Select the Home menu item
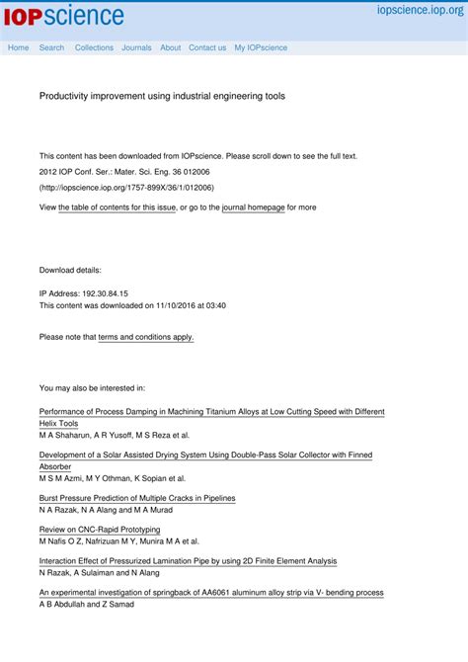(18, 47)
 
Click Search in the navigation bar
(51, 47)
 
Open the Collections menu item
(94, 47)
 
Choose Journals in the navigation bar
(136, 47)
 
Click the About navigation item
(170, 47)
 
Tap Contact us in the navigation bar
(207, 47)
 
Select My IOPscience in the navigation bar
(261, 47)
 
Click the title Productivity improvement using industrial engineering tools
(162, 97)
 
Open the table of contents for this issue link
(117, 207)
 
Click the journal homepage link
(253, 207)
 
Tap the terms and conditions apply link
(146, 337)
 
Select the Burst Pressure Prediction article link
(137, 498)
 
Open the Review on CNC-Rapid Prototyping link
(100, 530)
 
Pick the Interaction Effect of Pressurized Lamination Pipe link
(188, 561)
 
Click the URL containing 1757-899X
(126, 187)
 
